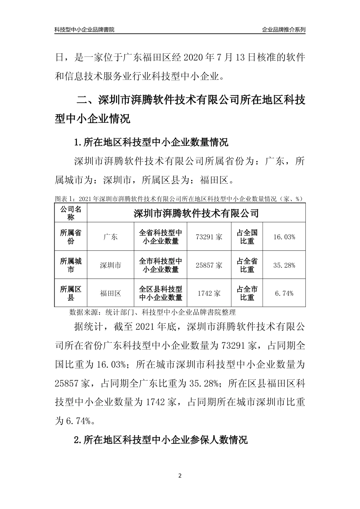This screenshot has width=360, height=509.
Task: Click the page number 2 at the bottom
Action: (180, 476)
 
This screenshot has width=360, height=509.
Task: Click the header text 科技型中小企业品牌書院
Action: (85, 30)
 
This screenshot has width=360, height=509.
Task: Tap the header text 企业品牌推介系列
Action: (283, 30)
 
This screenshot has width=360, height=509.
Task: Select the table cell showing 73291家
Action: (209, 237)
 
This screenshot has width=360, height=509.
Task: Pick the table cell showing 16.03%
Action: (284, 237)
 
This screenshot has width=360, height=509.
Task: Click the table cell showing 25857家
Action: (209, 265)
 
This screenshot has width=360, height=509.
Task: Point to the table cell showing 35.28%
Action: (284, 265)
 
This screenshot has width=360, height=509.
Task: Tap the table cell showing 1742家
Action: (209, 293)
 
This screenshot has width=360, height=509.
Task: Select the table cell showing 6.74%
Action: (284, 293)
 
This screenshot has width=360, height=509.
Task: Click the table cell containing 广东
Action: (110, 237)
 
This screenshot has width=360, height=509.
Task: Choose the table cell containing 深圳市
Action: (110, 265)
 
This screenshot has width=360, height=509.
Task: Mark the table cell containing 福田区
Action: (110, 293)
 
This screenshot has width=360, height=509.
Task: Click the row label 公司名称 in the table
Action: (71, 213)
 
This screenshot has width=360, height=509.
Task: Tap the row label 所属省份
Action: (71, 237)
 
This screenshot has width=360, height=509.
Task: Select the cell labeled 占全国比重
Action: (247, 237)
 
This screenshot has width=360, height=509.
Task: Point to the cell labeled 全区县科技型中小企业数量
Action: (161, 293)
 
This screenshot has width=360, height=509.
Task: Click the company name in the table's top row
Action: (196, 213)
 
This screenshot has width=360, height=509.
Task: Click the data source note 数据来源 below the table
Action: (152, 312)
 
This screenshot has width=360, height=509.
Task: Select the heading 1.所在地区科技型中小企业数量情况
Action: (151, 143)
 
